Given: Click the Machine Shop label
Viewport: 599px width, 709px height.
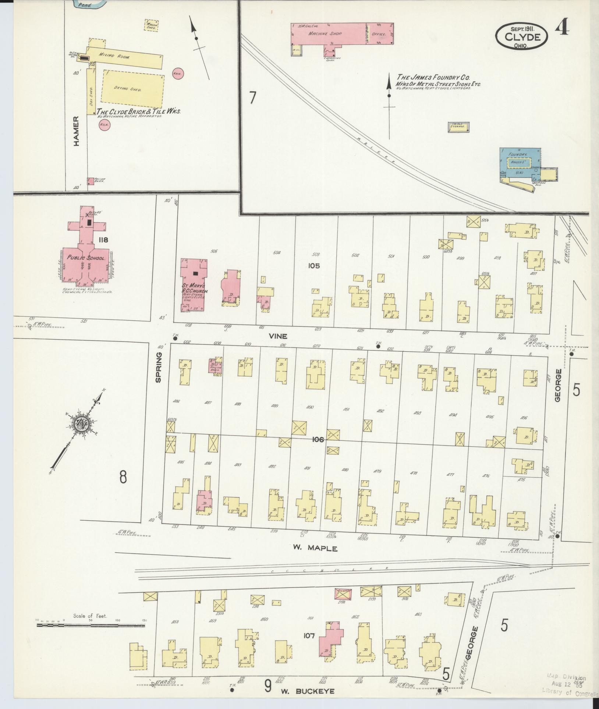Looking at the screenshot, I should point(325,33).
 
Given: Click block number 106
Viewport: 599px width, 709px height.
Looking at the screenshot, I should point(318,439).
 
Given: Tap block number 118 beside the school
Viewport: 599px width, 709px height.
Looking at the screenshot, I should point(103,240).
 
